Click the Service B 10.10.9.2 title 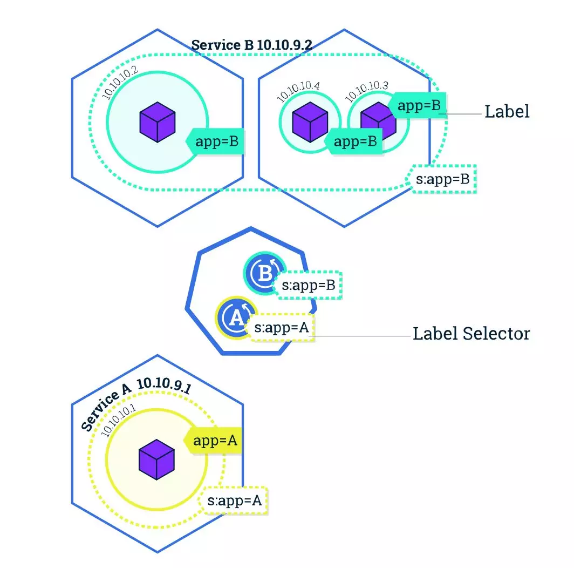coord(252,45)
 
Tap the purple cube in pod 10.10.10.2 coord(158,124)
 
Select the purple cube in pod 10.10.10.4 coord(310,123)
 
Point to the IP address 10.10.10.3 coord(367,91)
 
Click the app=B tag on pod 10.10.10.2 coord(216,142)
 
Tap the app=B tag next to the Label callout coord(419,105)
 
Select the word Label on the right coord(507,112)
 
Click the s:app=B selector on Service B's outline coord(443,179)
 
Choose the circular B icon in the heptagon coord(263,274)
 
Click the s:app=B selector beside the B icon coord(309,285)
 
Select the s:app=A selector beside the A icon coord(281,327)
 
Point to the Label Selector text coord(471,334)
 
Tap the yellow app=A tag coord(214,441)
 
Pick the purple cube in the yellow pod coord(156,459)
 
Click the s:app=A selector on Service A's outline coord(235,501)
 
